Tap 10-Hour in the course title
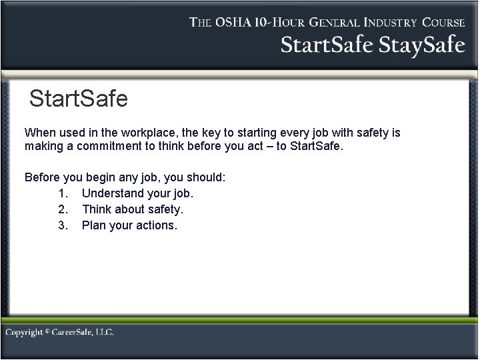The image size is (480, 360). (x=286, y=22)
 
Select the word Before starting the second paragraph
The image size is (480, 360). (x=43, y=178)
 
